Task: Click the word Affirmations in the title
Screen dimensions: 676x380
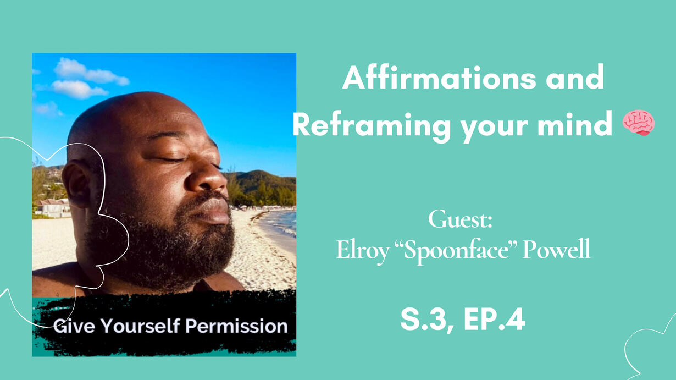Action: click(440, 78)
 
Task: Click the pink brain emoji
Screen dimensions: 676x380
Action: click(639, 123)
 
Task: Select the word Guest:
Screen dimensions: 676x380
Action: click(460, 219)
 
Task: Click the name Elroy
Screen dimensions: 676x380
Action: click(363, 251)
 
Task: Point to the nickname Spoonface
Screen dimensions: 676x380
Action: click(456, 251)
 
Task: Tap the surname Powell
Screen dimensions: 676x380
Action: click(557, 249)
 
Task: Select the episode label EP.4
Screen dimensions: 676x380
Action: click(494, 320)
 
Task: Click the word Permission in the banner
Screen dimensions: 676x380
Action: click(236, 326)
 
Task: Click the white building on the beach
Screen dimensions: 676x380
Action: click(54, 208)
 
